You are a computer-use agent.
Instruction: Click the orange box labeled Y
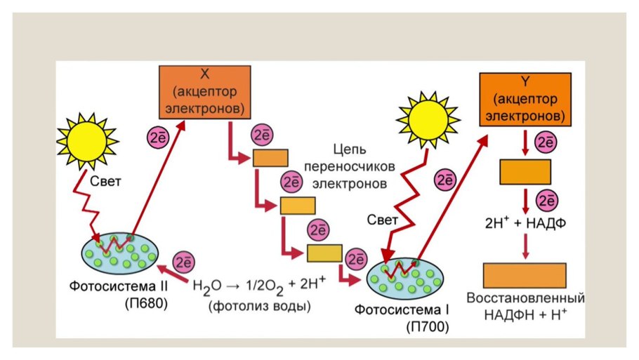[523, 98]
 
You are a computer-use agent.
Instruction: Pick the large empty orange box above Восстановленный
[525, 275]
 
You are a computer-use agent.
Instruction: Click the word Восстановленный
[526, 298]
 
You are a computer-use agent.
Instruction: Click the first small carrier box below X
[270, 158]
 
